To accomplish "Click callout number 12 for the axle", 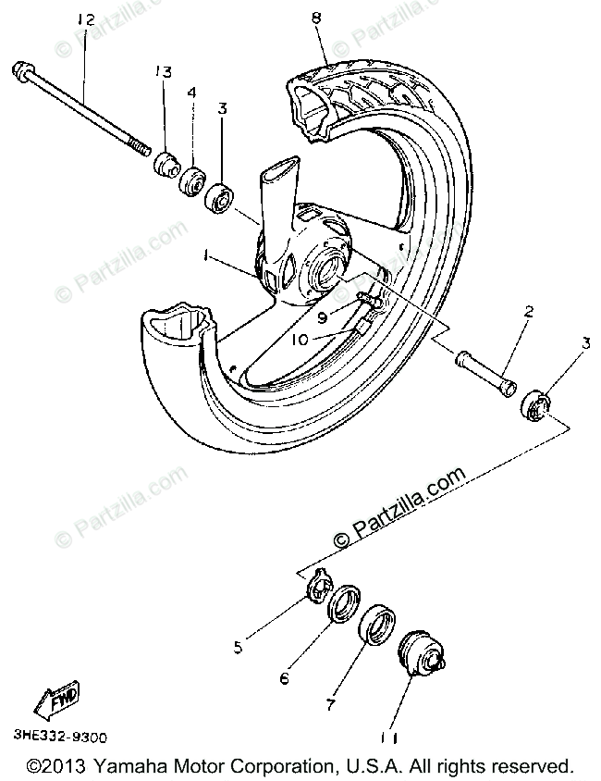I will click(86, 19).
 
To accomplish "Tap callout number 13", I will click(164, 72).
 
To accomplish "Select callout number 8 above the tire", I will click(317, 16).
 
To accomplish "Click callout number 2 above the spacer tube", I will click(528, 314).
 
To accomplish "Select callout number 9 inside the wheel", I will click(322, 316).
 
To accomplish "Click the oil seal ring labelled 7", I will click(377, 625).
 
